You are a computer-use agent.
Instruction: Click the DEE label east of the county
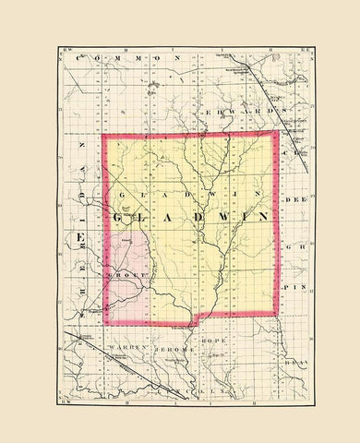pos(294,197)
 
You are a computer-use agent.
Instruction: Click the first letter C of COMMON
pos(80,58)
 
